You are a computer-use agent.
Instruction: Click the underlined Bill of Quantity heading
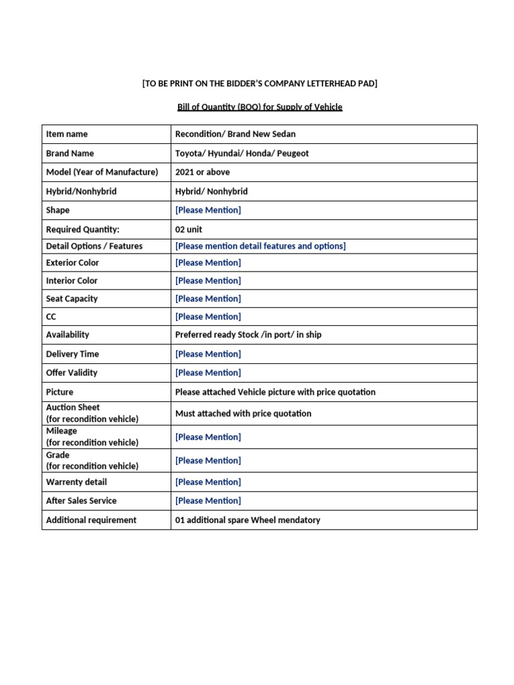coord(255,107)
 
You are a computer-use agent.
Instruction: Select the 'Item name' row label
coord(66,134)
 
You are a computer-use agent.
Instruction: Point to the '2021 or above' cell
coord(202,172)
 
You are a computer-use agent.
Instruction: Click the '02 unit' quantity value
coord(188,229)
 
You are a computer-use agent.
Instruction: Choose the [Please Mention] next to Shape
coord(207,210)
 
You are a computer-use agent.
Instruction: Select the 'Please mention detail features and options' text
coord(260,246)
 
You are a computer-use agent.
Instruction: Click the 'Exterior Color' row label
coord(72,263)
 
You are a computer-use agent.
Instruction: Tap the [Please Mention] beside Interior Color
coord(207,281)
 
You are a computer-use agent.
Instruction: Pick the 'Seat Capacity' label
coord(72,299)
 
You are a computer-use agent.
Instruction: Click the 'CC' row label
coord(52,317)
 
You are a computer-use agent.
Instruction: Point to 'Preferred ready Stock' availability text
coord(220,334)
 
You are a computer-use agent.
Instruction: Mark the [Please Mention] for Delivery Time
coord(207,354)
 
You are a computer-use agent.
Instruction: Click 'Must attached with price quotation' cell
coord(243,413)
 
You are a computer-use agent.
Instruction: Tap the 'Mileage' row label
coord(62,431)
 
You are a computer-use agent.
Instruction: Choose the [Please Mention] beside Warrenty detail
coord(207,482)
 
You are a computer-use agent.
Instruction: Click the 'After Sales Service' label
coord(81,500)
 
